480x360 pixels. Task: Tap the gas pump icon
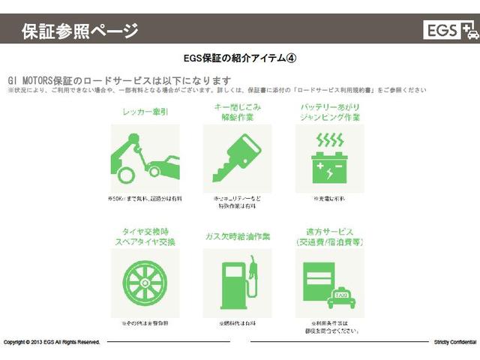pos(238,283)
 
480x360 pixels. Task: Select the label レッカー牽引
pos(145,112)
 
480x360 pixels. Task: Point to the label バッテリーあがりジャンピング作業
pos(330,112)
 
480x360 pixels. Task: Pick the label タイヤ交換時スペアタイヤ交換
pos(145,238)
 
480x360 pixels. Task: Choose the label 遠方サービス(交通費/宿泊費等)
pos(330,238)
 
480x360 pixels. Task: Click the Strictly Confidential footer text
pos(455,342)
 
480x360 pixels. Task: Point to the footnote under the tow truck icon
pos(145,199)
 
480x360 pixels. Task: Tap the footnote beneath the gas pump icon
pos(238,323)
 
